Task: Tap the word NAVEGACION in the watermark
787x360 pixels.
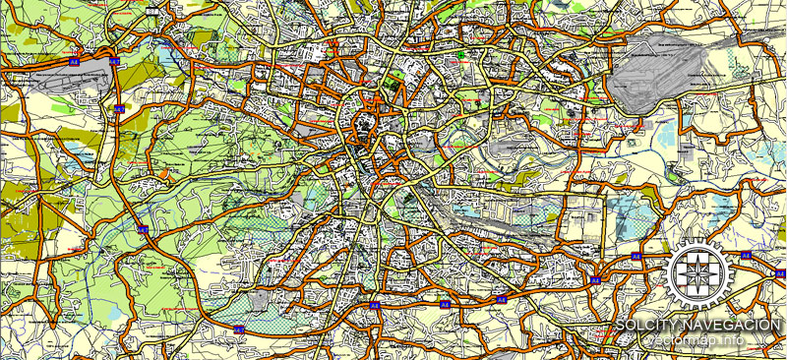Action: (735, 326)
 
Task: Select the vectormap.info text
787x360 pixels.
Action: (700, 341)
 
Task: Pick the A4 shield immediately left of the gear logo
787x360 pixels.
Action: (636, 256)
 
